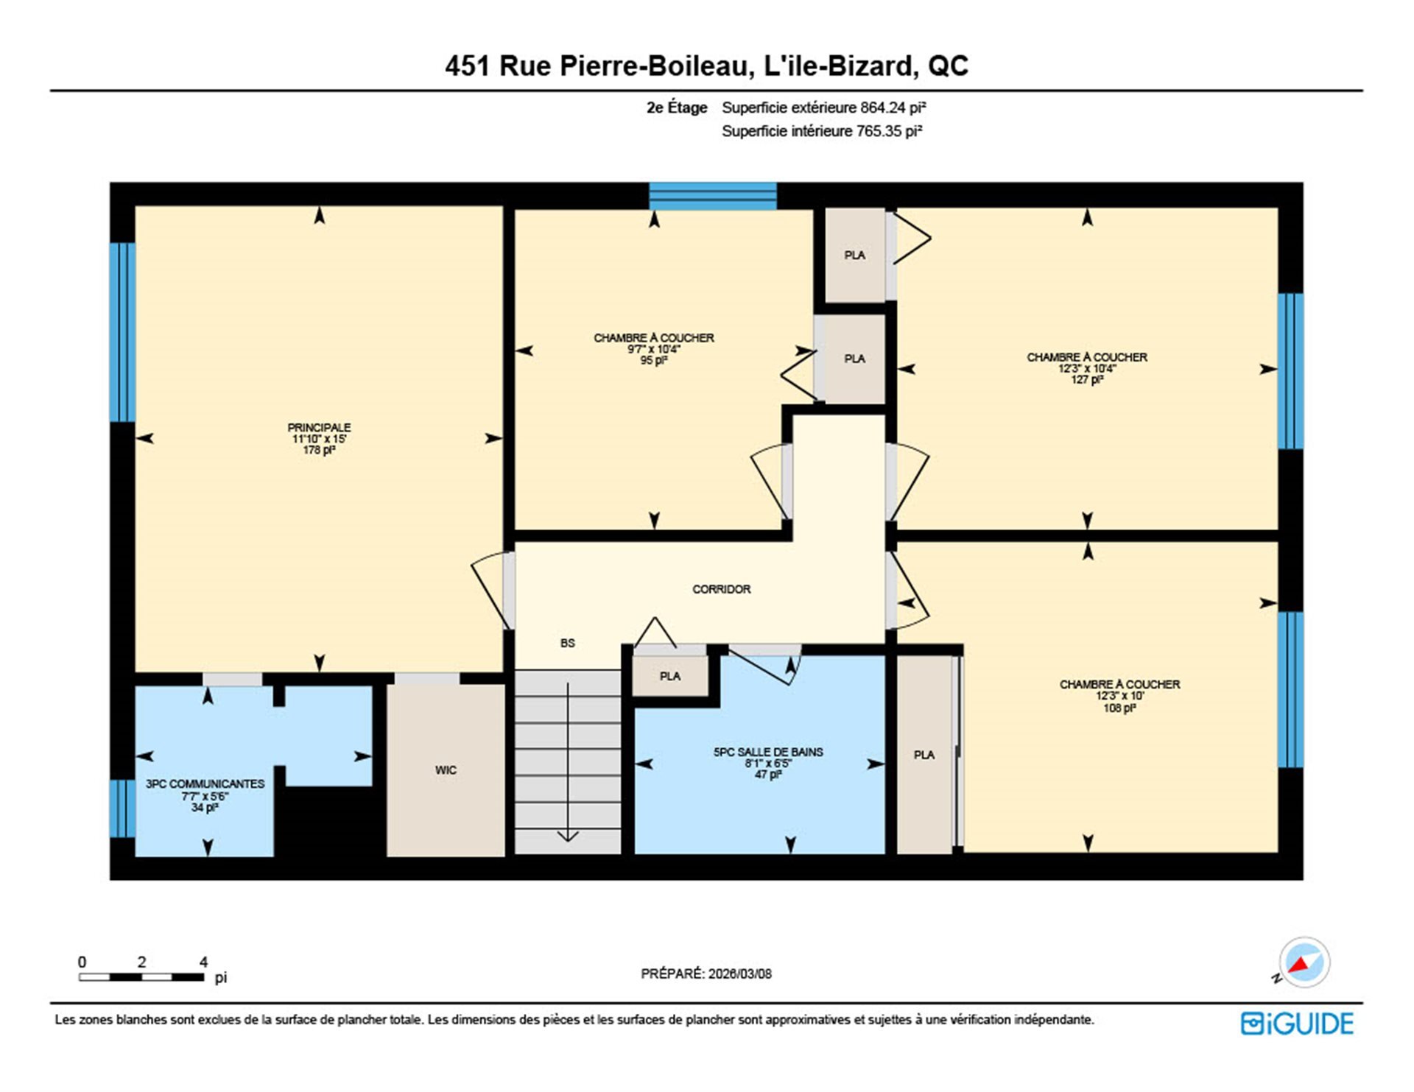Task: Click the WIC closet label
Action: click(446, 770)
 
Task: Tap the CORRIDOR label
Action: click(721, 589)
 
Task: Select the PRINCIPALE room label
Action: click(319, 427)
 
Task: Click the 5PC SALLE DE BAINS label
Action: click(768, 752)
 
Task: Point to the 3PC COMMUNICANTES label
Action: click(205, 784)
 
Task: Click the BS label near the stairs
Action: click(567, 643)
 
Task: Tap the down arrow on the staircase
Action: click(568, 763)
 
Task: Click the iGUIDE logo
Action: click(1297, 1024)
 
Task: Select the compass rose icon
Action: click(1304, 962)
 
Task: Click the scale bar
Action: click(141, 977)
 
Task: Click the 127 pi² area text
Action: click(1087, 380)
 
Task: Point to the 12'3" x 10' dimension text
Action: click(1119, 696)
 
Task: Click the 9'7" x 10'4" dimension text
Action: click(653, 349)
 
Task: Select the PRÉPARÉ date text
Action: click(706, 973)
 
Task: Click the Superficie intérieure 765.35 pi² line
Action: click(822, 131)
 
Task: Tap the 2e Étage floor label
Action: click(677, 108)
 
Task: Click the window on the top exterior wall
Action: click(712, 196)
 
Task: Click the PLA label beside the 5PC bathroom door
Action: click(670, 676)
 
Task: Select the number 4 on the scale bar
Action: click(204, 962)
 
